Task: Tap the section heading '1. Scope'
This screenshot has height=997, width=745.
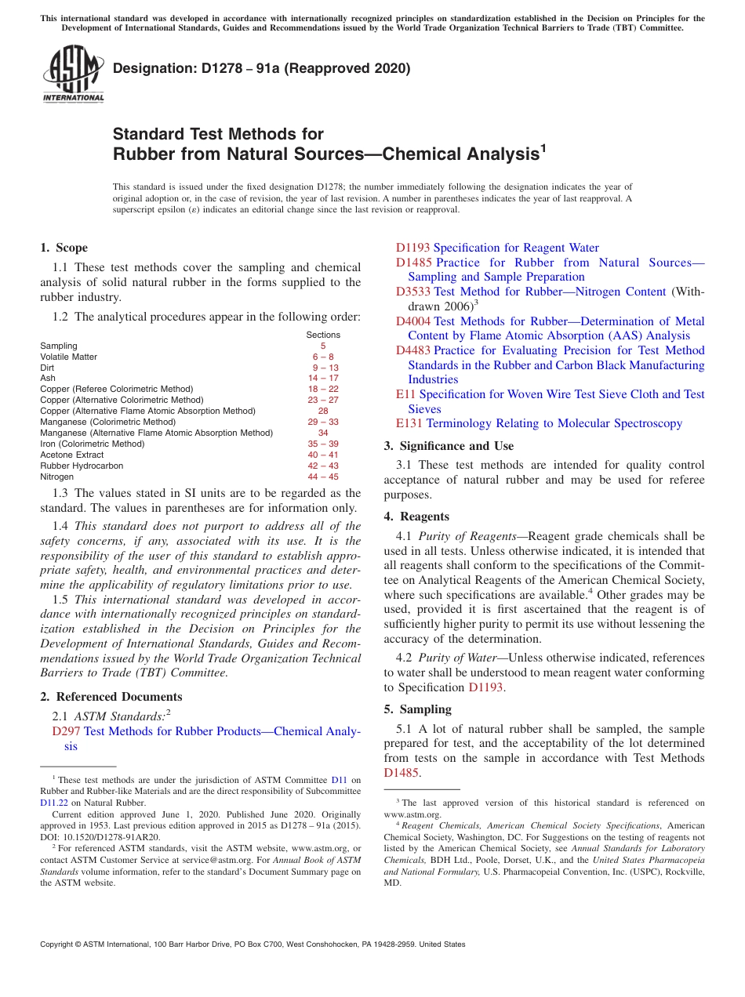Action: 64,248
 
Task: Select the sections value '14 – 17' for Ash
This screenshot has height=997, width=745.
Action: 323,378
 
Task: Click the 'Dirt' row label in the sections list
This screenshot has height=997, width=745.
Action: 48,368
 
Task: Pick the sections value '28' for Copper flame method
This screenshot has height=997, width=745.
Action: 323,411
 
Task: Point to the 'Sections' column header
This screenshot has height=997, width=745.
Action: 323,335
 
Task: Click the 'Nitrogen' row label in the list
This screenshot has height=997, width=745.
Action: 56,477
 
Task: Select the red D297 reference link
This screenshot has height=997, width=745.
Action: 66,731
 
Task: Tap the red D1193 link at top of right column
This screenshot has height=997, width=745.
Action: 412,248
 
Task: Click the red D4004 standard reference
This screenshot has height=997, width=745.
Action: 412,321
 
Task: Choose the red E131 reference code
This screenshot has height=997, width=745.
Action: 409,423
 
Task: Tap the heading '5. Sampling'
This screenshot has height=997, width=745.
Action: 417,709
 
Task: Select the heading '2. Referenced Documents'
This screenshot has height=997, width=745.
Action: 111,697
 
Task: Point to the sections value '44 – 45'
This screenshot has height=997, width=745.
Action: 323,477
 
